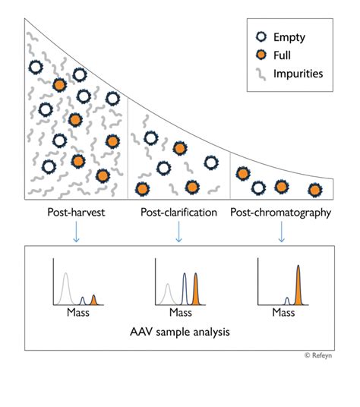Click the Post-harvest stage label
coord(74,213)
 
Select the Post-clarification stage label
coord(179,213)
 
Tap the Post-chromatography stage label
coord(281,213)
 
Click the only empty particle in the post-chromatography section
coord(259,187)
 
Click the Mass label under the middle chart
coord(180,312)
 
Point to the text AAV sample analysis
coord(180,332)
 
